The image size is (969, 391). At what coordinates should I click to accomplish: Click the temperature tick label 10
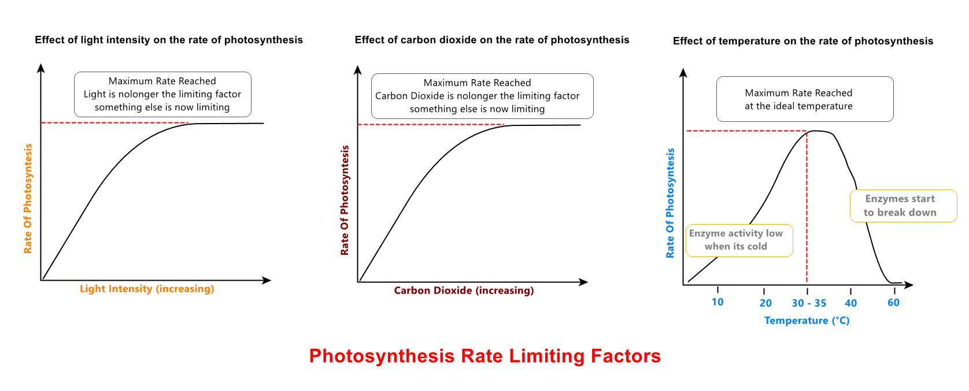717,302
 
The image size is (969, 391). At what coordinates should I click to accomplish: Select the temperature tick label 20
765,303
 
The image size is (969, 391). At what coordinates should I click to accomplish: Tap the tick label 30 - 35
809,303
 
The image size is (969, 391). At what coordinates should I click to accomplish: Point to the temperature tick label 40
850,303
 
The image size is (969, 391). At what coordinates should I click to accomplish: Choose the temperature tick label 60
893,303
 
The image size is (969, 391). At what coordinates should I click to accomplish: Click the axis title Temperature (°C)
807,321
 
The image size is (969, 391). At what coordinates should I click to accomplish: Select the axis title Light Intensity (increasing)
147,289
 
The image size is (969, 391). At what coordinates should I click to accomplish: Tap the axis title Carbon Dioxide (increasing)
464,291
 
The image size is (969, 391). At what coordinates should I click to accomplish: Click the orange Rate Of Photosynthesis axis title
28,199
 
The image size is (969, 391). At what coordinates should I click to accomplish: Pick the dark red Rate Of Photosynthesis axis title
345,200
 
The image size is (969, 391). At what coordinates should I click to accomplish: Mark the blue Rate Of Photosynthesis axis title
670,203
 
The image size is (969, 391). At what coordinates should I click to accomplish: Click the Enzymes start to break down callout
903,206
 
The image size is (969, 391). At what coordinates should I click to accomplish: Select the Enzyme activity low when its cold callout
738,240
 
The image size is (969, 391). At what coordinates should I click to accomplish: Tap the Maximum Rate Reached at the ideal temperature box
804,99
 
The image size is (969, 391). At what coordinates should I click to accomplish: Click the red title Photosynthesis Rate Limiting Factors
484,356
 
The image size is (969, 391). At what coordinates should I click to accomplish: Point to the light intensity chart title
169,40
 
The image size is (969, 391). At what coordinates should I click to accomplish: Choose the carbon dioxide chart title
492,40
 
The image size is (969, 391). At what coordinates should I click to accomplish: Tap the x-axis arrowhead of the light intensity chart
267,281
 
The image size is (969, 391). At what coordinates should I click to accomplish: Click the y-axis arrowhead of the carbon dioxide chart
358,70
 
